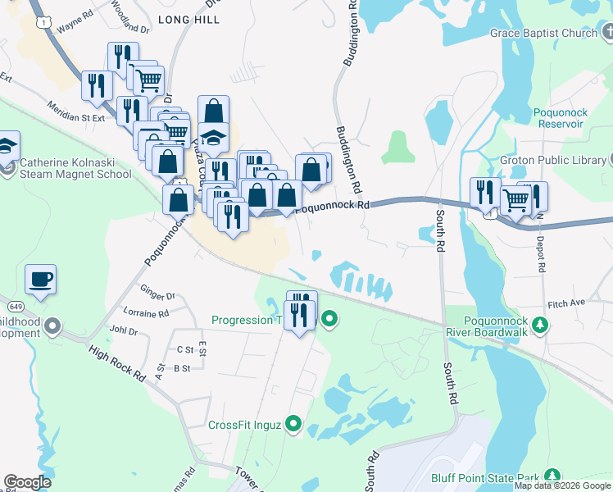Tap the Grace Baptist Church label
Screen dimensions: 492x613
pyautogui.click(x=544, y=34)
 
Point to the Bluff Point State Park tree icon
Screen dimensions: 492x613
pyautogui.click(x=553, y=476)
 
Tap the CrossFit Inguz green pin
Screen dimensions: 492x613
pyautogui.click(x=293, y=425)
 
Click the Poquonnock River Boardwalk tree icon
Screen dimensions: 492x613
pyautogui.click(x=540, y=325)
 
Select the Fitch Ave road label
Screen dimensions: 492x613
pyautogui.click(x=567, y=303)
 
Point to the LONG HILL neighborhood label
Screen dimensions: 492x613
pyautogui.click(x=189, y=18)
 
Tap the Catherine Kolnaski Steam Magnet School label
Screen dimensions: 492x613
pyautogui.click(x=75, y=168)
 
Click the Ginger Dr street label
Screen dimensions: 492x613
pyautogui.click(x=158, y=295)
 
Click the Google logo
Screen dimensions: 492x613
pyautogui.click(x=27, y=482)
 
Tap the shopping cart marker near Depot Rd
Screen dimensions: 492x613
pyautogui.click(x=515, y=199)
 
